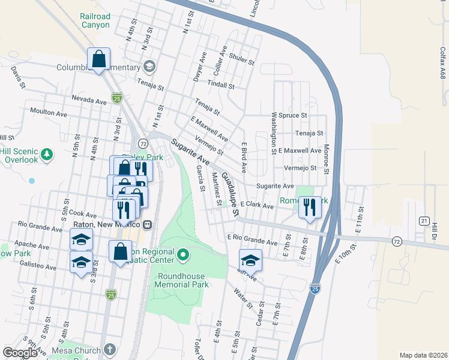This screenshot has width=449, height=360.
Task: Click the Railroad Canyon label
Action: click(94, 20)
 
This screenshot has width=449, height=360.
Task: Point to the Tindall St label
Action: click(220, 85)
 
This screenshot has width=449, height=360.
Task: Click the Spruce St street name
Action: click(293, 115)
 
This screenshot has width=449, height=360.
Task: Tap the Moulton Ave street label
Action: click(49, 112)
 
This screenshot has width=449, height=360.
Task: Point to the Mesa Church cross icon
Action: click(109, 349)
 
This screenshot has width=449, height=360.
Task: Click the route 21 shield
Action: click(424, 221)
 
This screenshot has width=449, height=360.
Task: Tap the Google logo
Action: click(20, 353)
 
